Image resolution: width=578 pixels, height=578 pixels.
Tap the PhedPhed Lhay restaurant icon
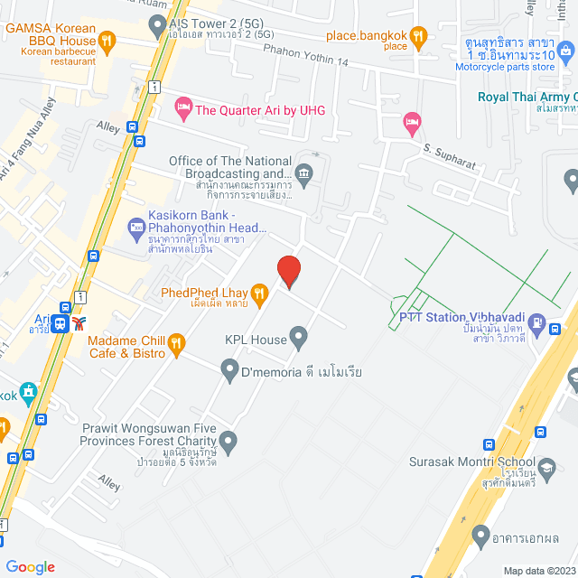click(259, 292)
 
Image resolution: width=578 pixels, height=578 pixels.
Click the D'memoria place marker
click(229, 368)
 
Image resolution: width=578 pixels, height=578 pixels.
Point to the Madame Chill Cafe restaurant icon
click(176, 342)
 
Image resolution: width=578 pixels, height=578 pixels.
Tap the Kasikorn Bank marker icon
click(135, 225)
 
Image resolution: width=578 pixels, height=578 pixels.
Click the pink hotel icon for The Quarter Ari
click(183, 110)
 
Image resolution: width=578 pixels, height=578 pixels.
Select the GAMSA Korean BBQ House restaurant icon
click(107, 41)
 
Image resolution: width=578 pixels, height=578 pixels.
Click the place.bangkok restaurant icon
click(417, 37)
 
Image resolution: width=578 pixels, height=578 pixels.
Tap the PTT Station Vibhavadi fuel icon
click(537, 322)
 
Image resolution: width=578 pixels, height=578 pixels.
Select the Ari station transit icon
click(60, 322)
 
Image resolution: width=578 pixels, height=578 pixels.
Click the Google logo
click(30, 566)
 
